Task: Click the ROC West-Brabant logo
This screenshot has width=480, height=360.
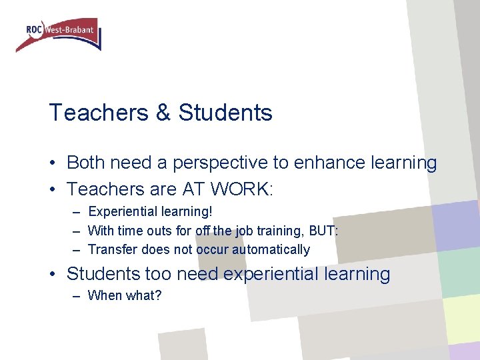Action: tap(59, 34)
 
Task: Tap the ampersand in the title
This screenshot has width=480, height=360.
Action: tap(163, 113)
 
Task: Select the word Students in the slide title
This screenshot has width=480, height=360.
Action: tap(225, 113)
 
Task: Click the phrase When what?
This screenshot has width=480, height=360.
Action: tap(125, 295)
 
